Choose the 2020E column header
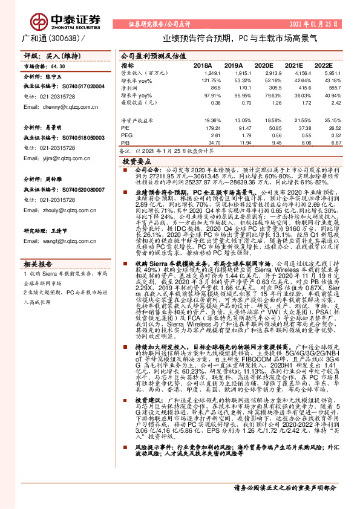coord(263,65)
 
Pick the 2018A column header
coord(203,65)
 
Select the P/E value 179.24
coord(204,128)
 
